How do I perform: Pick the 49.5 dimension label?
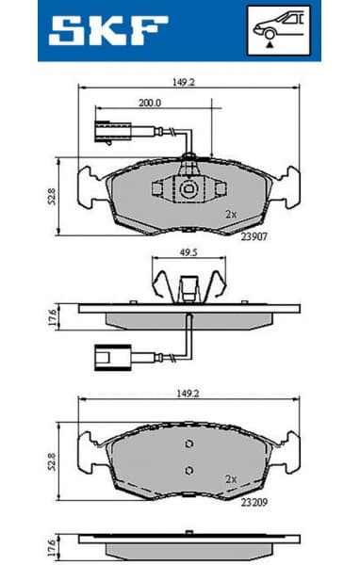(188, 251)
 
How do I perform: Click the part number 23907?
(254, 236)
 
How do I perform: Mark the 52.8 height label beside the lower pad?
(53, 462)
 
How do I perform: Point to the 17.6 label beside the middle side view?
(53, 317)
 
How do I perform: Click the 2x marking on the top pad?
(231, 214)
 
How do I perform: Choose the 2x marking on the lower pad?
(231, 479)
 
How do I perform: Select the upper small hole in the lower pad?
(188, 444)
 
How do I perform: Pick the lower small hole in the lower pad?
(188, 471)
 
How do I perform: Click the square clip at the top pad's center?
(188, 189)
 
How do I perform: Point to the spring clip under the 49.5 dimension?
(188, 282)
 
